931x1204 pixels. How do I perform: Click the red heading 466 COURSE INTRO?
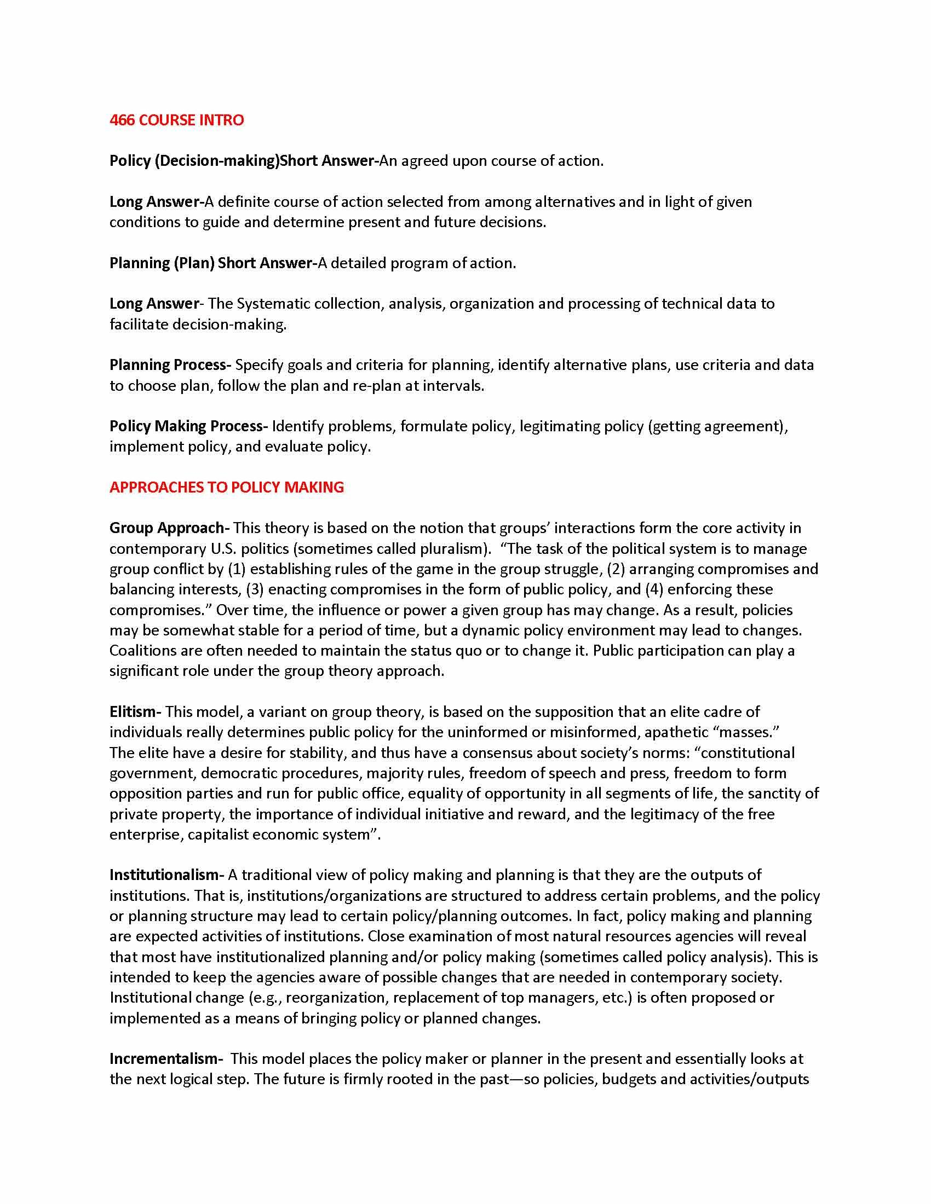(x=176, y=120)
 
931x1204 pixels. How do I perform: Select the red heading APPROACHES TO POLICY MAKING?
(x=227, y=487)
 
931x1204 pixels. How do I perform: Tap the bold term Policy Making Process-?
(x=188, y=426)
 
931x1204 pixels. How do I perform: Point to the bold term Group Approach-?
(x=169, y=528)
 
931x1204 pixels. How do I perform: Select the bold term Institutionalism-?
(x=166, y=875)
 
